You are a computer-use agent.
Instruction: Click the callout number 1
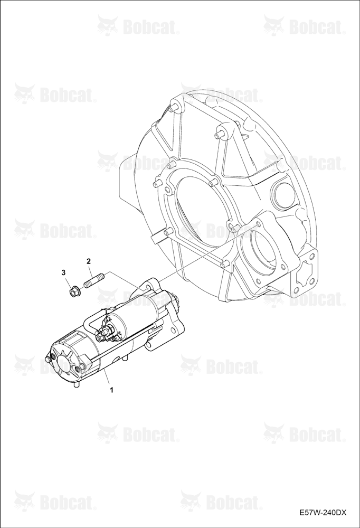tap(111, 390)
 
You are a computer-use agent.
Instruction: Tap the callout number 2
tap(89, 261)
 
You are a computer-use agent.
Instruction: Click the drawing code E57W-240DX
tap(323, 513)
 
